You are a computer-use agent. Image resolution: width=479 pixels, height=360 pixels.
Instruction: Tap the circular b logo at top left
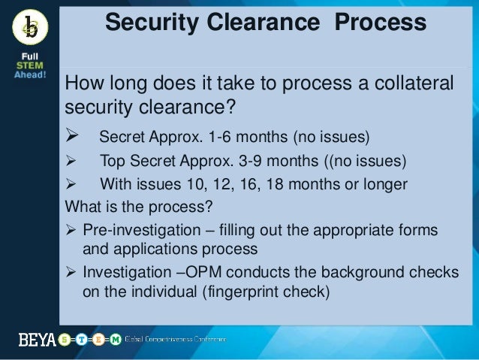(31, 28)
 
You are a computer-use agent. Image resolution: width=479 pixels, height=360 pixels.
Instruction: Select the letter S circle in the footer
(66, 340)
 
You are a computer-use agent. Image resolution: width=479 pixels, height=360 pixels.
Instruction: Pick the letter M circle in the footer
(115, 340)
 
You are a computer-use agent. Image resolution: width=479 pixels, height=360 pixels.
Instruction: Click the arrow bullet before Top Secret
(73, 162)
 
